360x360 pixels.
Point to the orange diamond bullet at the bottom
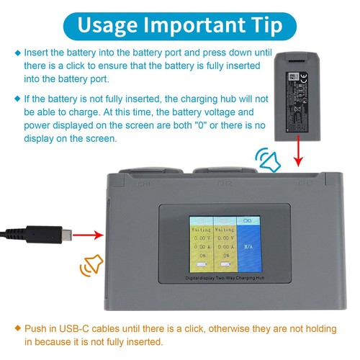(17, 328)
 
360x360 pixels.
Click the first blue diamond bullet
(17, 53)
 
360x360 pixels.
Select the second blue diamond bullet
(17, 98)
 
